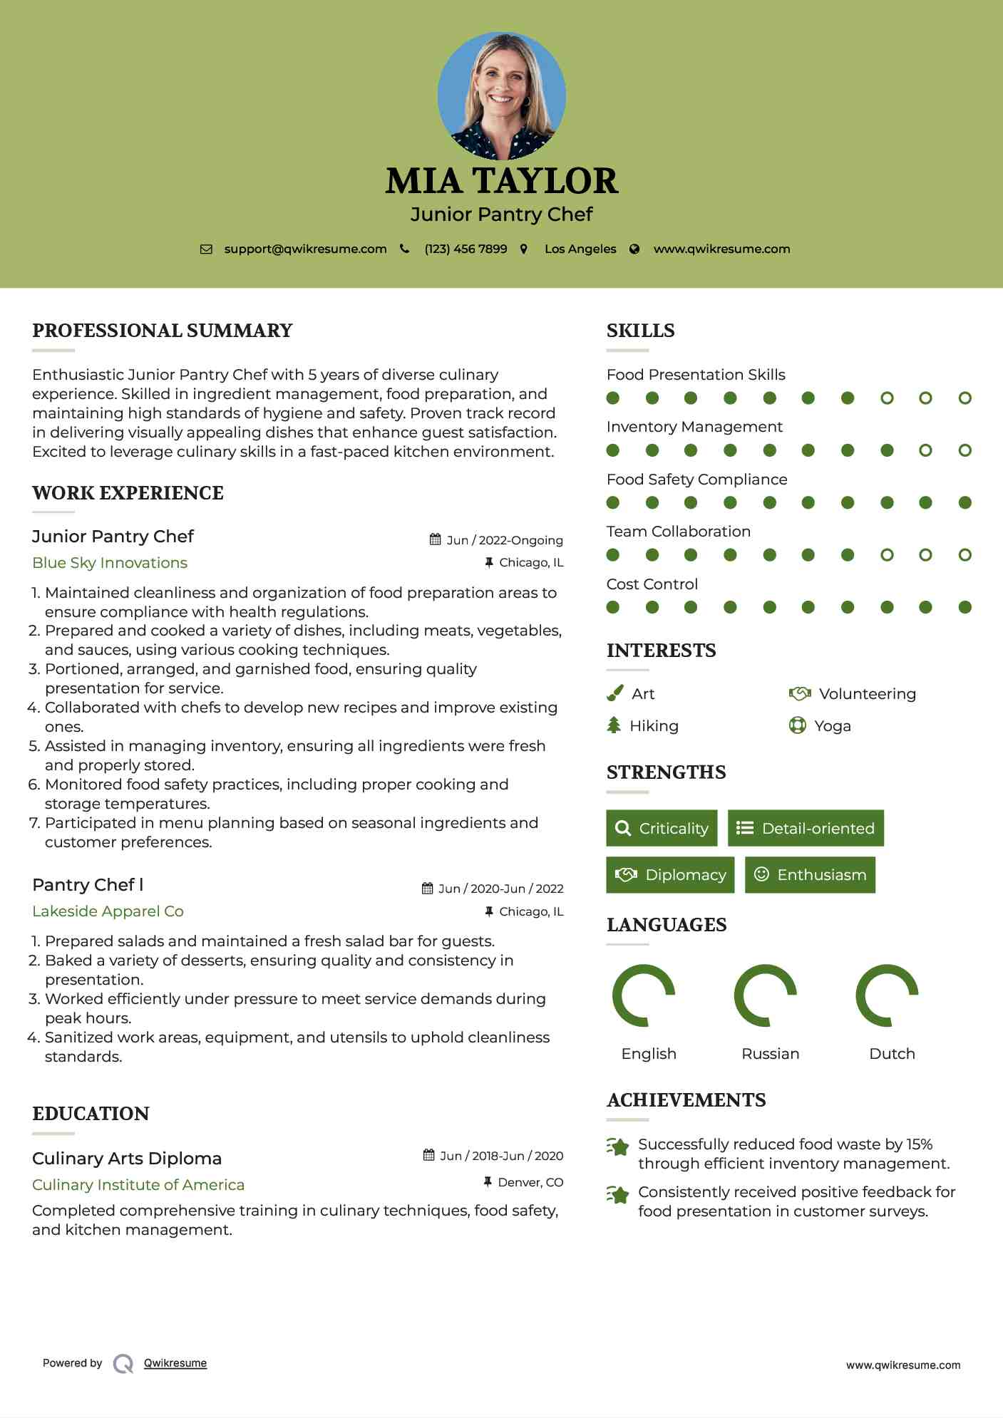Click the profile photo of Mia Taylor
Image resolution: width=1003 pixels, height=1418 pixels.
click(501, 95)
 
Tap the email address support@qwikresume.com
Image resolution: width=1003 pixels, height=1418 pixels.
click(305, 249)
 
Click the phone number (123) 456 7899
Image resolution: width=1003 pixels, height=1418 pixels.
click(466, 249)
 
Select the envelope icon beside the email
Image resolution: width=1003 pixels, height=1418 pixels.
click(206, 249)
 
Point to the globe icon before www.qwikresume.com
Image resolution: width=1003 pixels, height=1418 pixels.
click(634, 249)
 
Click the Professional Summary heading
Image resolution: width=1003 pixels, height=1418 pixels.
click(163, 331)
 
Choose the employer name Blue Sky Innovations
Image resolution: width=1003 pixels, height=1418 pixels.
click(110, 563)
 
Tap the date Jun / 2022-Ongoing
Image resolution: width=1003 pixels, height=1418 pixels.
click(504, 540)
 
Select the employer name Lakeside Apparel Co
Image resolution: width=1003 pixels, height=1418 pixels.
click(108, 911)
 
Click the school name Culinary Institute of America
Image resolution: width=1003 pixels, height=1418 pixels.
click(138, 1185)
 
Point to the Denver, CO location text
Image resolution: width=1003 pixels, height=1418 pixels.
click(530, 1183)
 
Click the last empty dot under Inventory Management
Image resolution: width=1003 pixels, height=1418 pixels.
click(965, 450)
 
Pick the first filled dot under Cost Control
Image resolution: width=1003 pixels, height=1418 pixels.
click(612, 607)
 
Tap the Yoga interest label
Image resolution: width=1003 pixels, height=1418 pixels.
click(832, 726)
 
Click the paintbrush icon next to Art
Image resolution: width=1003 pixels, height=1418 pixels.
click(614, 693)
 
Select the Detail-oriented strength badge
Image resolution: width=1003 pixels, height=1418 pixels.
click(806, 828)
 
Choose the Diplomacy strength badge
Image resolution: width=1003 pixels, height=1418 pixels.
click(670, 875)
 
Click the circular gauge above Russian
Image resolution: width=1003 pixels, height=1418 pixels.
click(765, 995)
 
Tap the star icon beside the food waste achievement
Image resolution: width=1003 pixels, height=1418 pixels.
click(618, 1147)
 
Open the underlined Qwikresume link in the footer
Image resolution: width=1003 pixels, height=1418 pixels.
click(175, 1363)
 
